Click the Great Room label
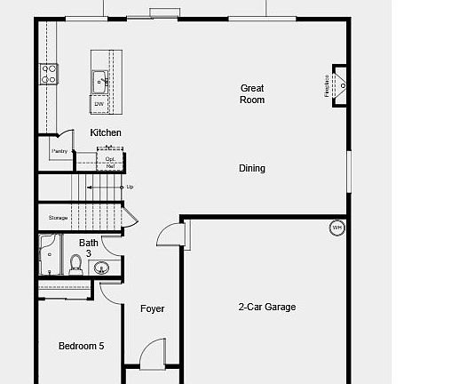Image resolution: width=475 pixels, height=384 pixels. coord(252,93)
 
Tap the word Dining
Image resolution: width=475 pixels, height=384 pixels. coord(252,168)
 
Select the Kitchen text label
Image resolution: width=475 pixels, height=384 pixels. coord(106,132)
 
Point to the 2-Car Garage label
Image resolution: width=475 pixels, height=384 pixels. coord(266,307)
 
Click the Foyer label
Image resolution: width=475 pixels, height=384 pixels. coord(153,308)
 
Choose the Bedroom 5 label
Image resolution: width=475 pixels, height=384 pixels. coord(82,346)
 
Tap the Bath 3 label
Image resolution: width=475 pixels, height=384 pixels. coord(89,247)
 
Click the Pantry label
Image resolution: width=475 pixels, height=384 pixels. coord(59,151)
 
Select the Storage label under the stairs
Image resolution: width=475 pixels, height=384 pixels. coord(58,217)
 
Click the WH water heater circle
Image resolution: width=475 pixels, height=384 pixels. coord(336,228)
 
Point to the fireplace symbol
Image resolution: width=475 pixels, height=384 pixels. coord(338,85)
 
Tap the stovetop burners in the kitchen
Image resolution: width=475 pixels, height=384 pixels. coord(49,73)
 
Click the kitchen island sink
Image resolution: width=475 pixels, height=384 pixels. coord(99,82)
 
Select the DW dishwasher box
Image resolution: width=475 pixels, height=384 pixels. coord(99,104)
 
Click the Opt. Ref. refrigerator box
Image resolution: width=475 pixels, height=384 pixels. coord(110,162)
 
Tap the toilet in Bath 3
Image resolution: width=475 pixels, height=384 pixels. coord(75,263)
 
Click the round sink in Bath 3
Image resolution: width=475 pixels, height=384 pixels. coord(99,268)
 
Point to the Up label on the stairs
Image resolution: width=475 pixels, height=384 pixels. coord(130,188)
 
